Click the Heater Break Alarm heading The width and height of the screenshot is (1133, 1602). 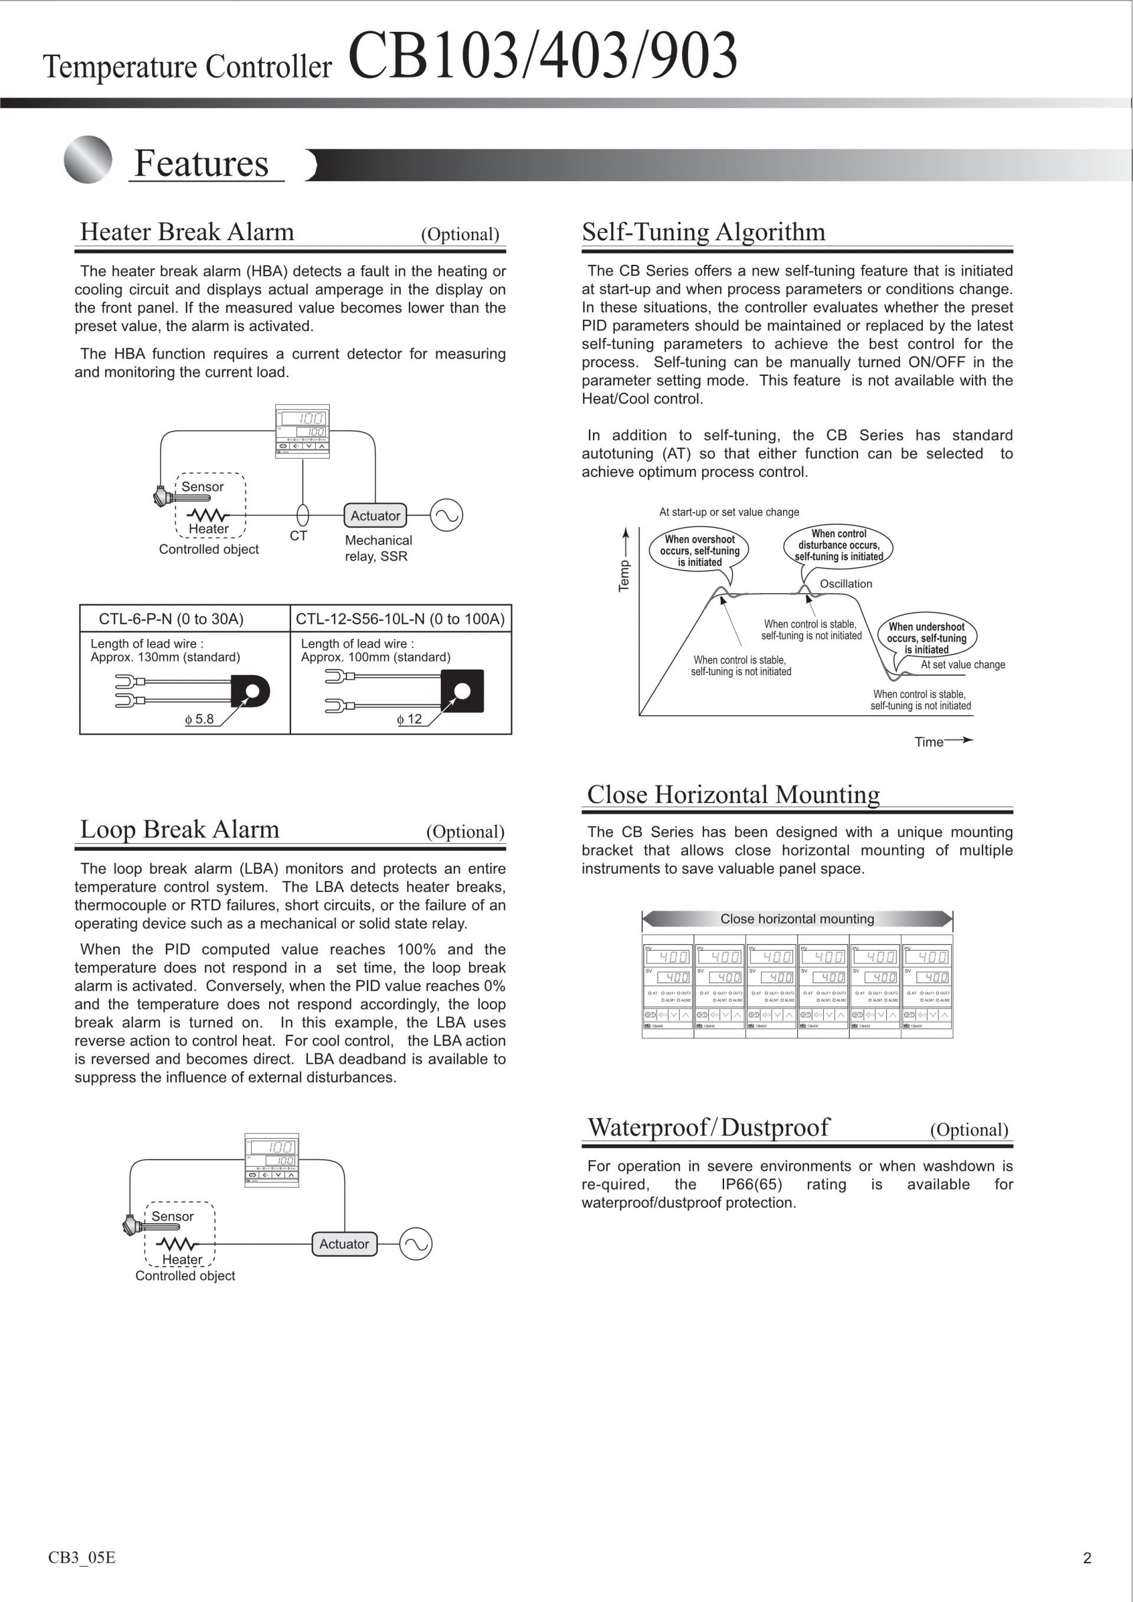click(187, 232)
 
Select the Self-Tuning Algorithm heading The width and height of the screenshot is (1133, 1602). click(703, 232)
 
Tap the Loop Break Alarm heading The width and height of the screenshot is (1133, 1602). click(179, 829)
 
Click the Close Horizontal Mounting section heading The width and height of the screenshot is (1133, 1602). click(733, 794)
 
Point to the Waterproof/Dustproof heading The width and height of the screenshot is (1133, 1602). click(709, 1127)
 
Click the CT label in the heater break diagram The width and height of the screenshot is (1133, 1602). click(299, 536)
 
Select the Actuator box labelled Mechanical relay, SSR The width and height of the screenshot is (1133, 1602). click(375, 516)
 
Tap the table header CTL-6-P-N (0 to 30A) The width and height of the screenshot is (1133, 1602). click(171, 619)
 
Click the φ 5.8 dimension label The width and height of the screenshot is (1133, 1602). click(199, 719)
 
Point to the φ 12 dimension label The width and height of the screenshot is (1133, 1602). click(410, 719)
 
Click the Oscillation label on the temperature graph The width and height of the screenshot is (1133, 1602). click(846, 584)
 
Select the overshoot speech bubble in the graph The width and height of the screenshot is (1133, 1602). click(700, 551)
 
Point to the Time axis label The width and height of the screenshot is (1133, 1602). click(929, 742)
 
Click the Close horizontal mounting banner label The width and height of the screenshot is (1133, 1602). click(797, 919)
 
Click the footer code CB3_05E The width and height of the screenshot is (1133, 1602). click(81, 1557)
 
